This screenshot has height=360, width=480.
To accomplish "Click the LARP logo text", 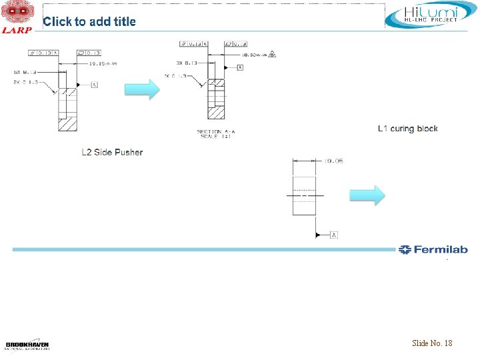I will [17, 29].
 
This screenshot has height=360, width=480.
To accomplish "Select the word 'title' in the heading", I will [124, 21].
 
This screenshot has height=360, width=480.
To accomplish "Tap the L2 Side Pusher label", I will [112, 152].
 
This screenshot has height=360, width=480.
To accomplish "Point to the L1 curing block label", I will [407, 128].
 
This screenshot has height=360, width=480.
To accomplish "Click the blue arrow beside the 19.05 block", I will [367, 195].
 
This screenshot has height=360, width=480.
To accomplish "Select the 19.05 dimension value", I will [333, 161].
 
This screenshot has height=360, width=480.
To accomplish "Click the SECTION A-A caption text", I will [216, 131].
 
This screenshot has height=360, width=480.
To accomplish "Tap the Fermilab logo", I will [433, 250].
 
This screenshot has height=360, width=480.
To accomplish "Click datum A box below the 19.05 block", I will [333, 235].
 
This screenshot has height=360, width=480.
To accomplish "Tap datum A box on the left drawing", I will [94, 85].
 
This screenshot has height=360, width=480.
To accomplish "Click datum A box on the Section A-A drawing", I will [239, 67].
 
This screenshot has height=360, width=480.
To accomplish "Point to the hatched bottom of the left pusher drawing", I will [67, 123].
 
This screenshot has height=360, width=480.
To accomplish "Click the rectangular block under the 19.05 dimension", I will [303, 195].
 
